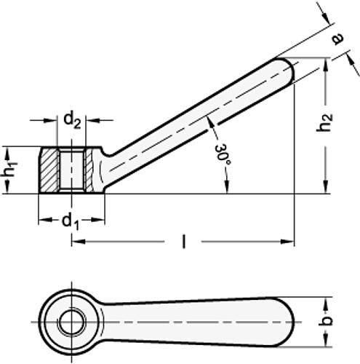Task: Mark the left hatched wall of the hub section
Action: click(x=48, y=170)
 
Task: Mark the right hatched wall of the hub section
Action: click(x=89, y=170)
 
